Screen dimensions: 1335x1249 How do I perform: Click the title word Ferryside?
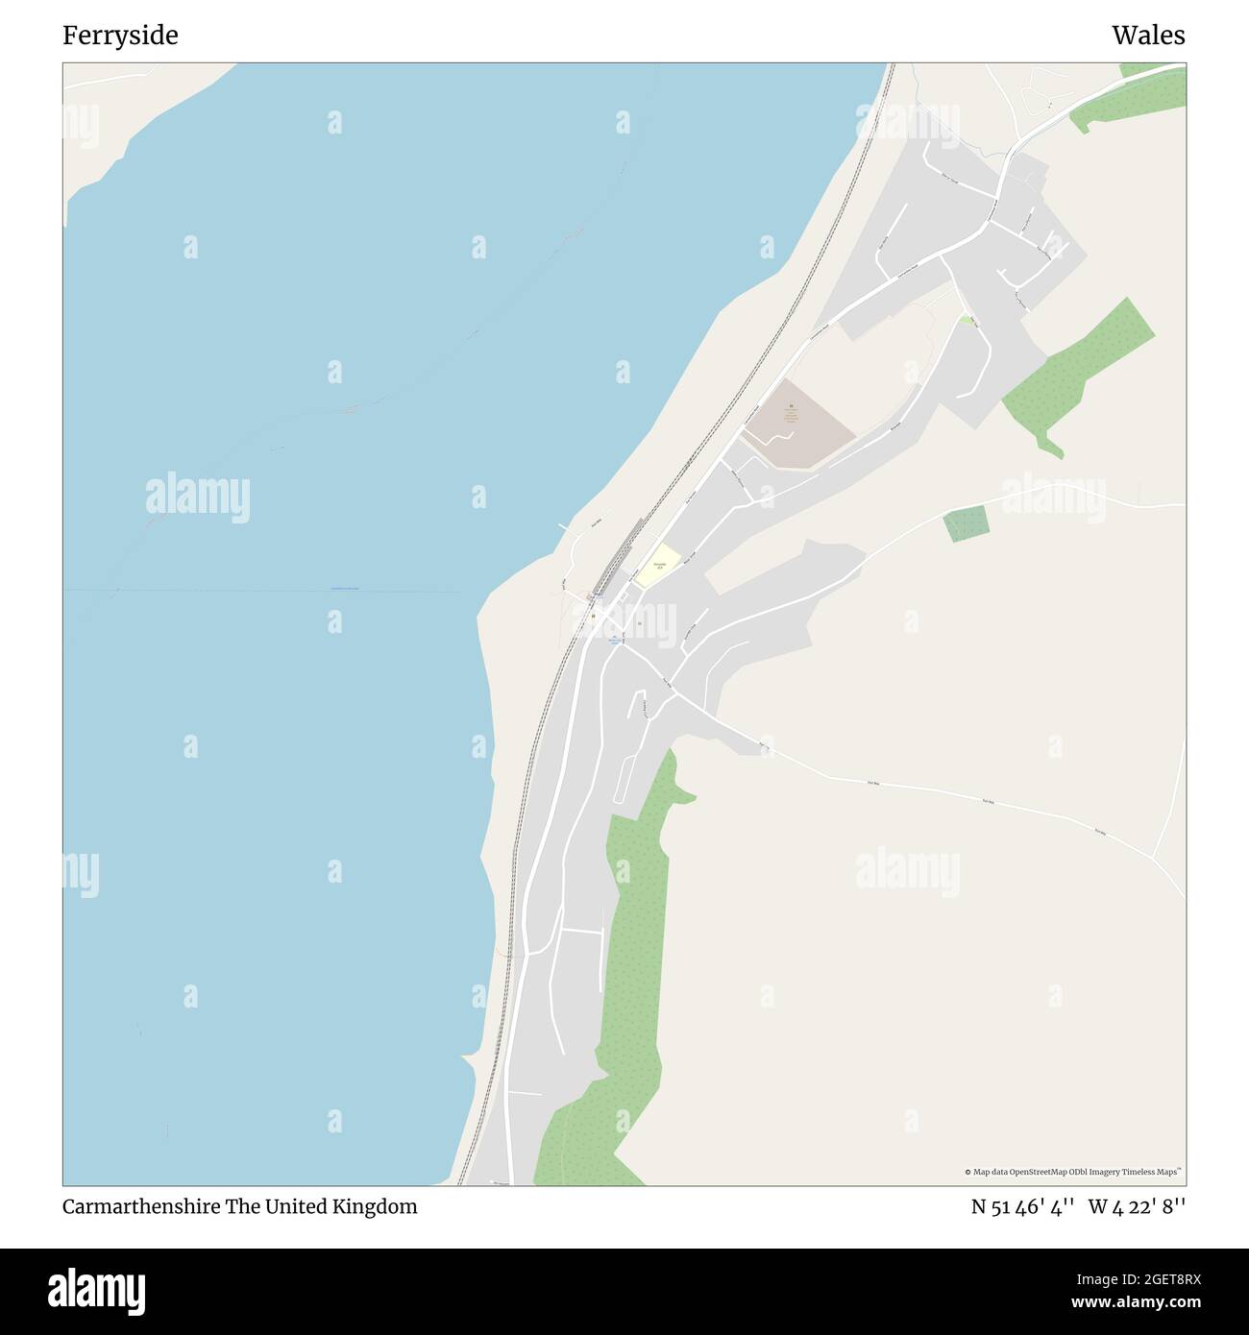(120, 36)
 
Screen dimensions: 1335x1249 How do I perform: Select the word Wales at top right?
(1148, 36)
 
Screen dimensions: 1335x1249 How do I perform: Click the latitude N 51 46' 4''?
(1023, 1207)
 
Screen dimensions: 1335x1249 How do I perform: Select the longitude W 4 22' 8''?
(1137, 1207)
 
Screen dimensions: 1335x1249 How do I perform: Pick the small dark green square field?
(966, 523)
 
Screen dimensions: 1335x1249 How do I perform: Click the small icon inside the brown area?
(791, 407)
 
